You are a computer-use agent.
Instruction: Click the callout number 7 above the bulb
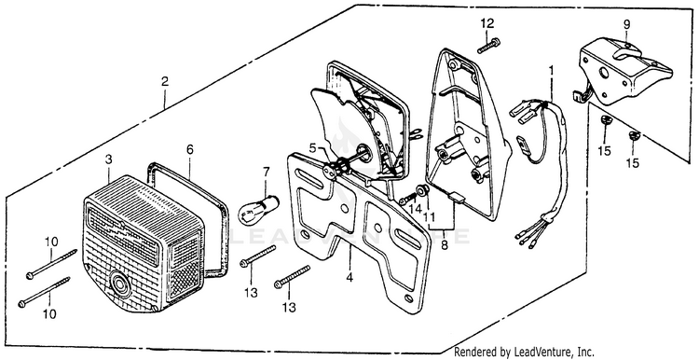point(267,172)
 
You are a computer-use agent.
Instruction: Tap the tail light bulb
point(258,209)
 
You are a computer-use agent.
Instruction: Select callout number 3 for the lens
point(108,160)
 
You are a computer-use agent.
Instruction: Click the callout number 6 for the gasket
point(190,150)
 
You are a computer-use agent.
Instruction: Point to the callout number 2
point(165,82)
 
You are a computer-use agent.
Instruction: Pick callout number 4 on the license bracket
point(349,278)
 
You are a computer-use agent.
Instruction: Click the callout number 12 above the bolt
point(487,23)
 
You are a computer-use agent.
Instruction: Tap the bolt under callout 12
point(488,46)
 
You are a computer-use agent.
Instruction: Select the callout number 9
point(627,24)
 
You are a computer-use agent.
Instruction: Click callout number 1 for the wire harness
point(551,71)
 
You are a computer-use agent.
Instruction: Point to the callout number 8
point(445,245)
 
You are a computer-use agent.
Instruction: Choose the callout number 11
point(429,216)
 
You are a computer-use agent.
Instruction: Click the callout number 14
point(416,208)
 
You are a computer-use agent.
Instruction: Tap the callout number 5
point(312,146)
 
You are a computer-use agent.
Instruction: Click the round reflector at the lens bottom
point(120,284)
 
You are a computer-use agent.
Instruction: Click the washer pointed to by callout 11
point(422,191)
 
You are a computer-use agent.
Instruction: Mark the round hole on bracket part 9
point(605,73)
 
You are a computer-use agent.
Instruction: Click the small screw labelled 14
point(407,200)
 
